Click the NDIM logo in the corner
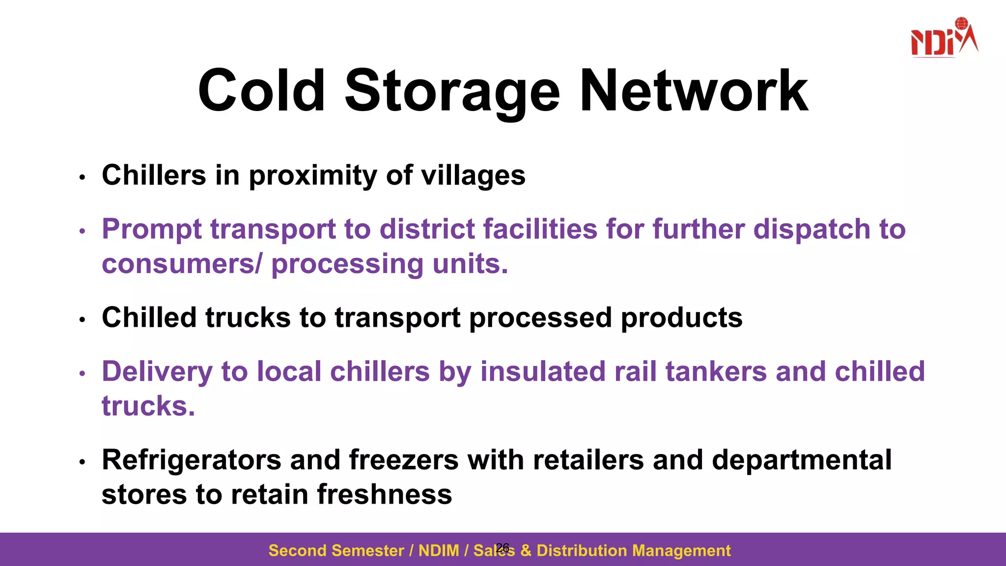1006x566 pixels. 944,38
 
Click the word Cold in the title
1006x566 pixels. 261,91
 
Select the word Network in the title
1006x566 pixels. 694,91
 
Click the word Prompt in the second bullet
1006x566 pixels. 152,230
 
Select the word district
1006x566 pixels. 427,229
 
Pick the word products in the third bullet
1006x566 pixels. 681,318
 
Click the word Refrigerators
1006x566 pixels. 192,460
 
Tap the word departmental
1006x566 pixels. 802,461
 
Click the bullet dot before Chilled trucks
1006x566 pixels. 83,320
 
